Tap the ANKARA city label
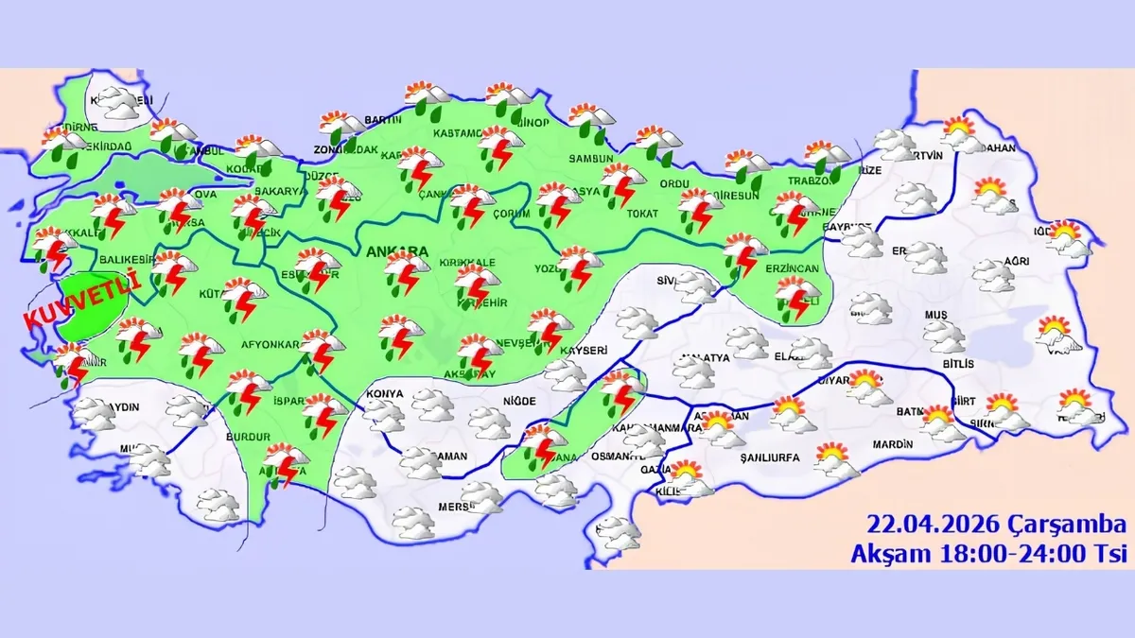[x=394, y=252]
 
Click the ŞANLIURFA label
[x=766, y=457]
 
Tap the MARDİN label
[x=894, y=443]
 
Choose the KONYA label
[x=387, y=393]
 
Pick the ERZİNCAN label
[x=793, y=269]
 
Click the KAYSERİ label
[x=583, y=351]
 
